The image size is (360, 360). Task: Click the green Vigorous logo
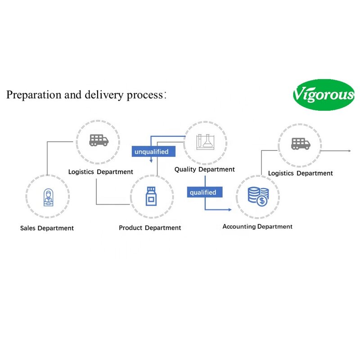pos(324,94)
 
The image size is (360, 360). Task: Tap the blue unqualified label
pos(151,152)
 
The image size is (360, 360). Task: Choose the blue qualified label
pos(202,193)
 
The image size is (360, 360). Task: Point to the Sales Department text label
pos(47,228)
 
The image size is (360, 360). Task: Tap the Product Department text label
pos(150,228)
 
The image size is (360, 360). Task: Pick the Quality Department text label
pos(205,170)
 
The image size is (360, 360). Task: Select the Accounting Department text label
pos(257,227)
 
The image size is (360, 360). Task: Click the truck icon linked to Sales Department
pos(99,140)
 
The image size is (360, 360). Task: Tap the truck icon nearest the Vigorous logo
pos(300,144)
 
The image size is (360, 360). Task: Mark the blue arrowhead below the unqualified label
pos(151,161)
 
